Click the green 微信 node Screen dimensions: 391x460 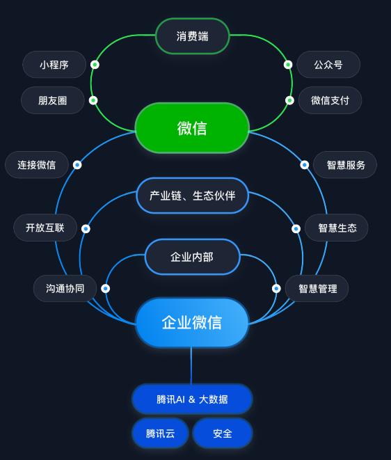pyautogui.click(x=192, y=128)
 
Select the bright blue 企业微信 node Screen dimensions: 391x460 pyautogui.click(x=192, y=322)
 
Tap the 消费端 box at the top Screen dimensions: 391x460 pyautogui.click(x=193, y=36)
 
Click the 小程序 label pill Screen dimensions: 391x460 pyautogui.click(x=54, y=65)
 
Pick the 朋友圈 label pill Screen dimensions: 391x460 pyautogui.click(x=53, y=100)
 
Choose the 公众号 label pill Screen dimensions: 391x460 pyautogui.click(x=328, y=65)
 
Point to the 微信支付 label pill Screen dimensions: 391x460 pyautogui.click(x=330, y=100)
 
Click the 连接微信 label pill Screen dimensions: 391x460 pyautogui.click(x=37, y=165)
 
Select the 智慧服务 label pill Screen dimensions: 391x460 pyautogui.click(x=345, y=165)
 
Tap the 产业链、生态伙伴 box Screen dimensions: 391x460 pyautogui.click(x=193, y=196)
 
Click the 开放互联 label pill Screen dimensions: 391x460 pyautogui.click(x=45, y=228)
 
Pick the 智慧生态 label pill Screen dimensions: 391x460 pyautogui.click(x=337, y=228)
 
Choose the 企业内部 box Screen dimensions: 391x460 pyautogui.click(x=192, y=257)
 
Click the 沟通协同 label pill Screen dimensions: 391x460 pyautogui.click(x=65, y=288)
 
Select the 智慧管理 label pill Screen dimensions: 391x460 pyautogui.click(x=317, y=288)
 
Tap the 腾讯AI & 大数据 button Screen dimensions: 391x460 pyautogui.click(x=192, y=399)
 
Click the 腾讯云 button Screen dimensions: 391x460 pyautogui.click(x=160, y=434)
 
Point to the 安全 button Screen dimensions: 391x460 pyautogui.click(x=223, y=434)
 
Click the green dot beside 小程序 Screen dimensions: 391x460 pyautogui.click(x=95, y=65)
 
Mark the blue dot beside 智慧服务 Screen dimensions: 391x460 pyautogui.click(x=305, y=165)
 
